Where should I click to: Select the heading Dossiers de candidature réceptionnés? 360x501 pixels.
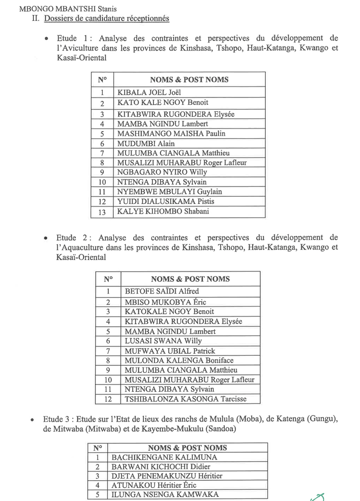(106, 19)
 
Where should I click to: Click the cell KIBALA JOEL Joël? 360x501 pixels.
(149, 93)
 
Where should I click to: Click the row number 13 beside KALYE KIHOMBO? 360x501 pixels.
(102, 213)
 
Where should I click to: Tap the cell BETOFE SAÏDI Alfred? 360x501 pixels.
(162, 291)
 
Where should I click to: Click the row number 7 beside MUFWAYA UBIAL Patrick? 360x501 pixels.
(108, 351)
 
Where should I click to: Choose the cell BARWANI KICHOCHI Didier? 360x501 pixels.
(161, 467)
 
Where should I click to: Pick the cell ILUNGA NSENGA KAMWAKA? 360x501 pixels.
(165, 494)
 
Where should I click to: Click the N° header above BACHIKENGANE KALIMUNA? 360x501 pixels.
(98, 448)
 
